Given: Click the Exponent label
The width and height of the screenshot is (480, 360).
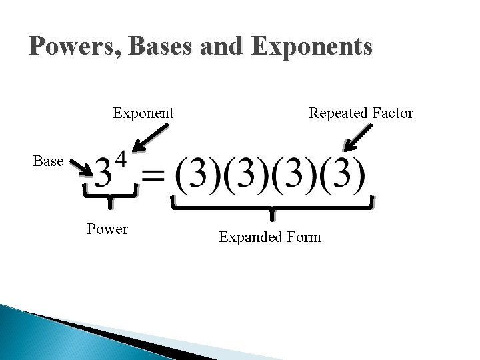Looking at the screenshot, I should (x=143, y=113).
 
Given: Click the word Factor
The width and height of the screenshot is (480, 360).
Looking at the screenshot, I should (x=390, y=113).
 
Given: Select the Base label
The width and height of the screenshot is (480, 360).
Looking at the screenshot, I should (x=48, y=161).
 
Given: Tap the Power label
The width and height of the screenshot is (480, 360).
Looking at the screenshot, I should (x=107, y=229).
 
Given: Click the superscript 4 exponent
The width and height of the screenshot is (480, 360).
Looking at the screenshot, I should (x=120, y=159).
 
